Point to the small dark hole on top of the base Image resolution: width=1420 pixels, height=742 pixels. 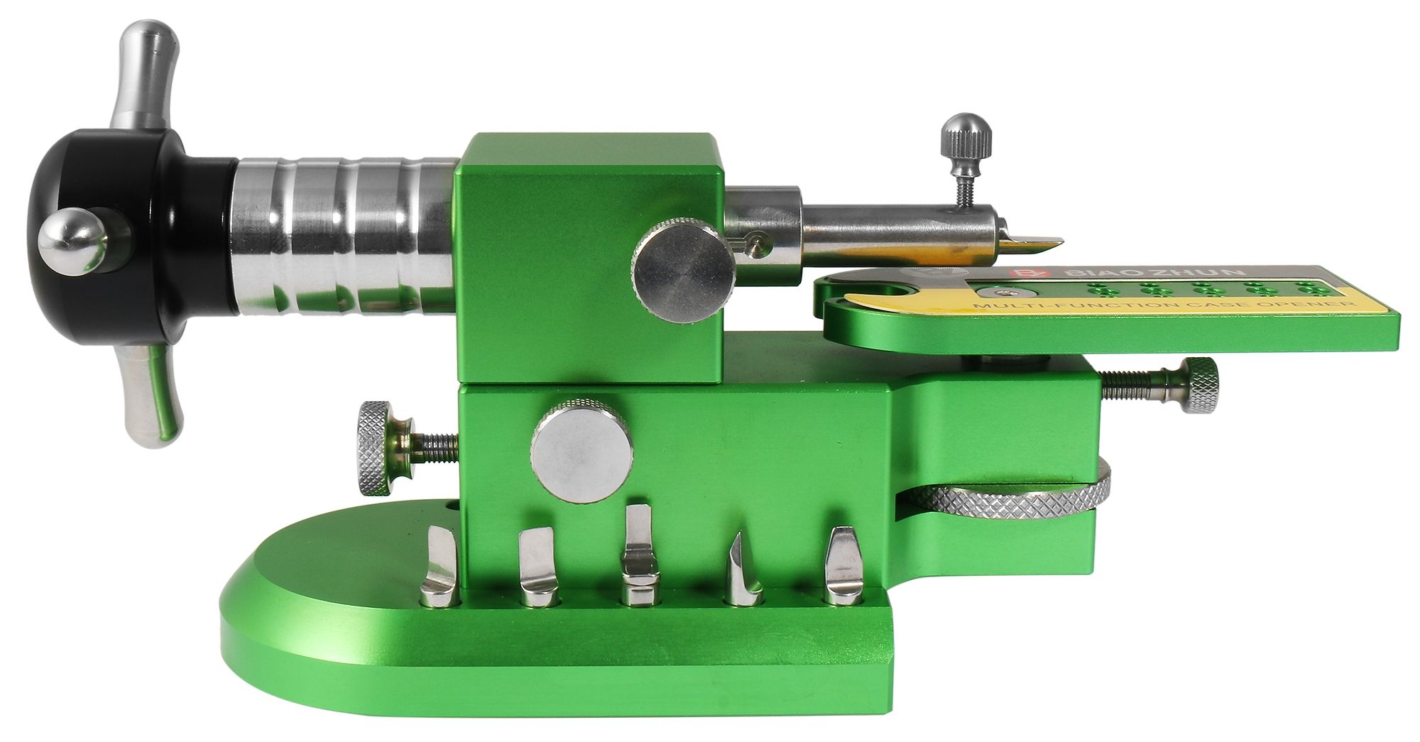(453, 509)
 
